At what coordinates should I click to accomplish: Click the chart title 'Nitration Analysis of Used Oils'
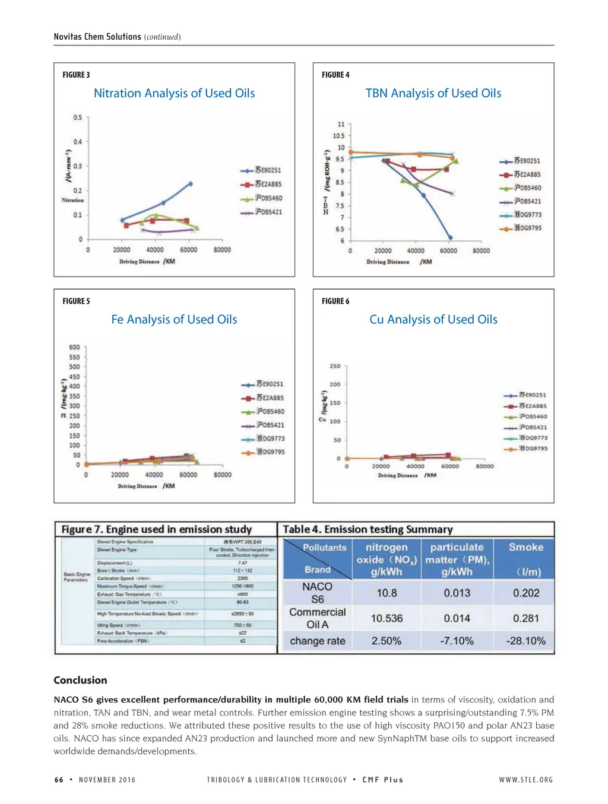174,93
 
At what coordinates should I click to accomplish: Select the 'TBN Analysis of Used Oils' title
433,93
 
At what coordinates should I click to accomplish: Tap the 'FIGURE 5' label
76,301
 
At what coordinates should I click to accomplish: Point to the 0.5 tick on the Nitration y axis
78,117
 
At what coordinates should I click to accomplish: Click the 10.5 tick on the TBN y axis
338,136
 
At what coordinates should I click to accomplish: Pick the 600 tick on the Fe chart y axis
74,347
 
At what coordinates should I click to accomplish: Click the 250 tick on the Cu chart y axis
335,366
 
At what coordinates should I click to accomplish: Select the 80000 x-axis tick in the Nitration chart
222,250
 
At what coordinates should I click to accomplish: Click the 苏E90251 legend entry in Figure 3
268,170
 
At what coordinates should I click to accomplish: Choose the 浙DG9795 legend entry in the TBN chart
527,228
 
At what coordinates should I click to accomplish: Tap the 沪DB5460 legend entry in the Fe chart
270,411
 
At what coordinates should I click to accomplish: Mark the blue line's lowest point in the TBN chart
451,238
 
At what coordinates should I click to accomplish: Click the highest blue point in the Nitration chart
191,183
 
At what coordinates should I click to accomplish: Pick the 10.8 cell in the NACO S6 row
387,593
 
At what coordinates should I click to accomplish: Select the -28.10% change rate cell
525,641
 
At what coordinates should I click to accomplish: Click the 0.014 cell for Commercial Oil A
457,618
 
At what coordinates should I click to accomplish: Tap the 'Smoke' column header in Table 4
525,548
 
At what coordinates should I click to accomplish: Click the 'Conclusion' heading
80,680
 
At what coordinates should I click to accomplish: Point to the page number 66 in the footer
59,780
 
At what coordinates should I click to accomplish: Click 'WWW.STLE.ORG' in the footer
525,780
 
